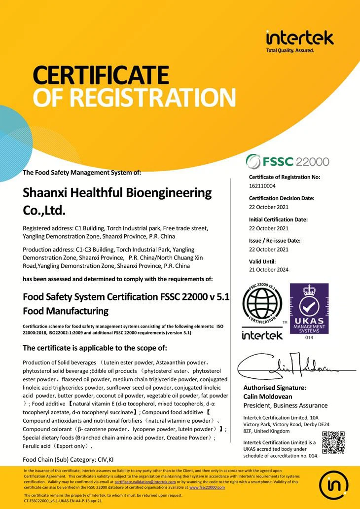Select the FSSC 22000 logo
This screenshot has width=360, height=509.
(x=288, y=161)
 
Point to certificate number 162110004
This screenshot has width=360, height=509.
(x=262, y=186)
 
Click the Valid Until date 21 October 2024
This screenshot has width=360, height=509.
(x=269, y=270)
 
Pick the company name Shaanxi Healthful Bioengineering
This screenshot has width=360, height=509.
(x=117, y=192)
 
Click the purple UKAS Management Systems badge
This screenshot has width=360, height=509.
(x=309, y=308)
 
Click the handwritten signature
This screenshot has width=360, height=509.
(x=291, y=367)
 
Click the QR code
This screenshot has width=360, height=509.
(x=333, y=442)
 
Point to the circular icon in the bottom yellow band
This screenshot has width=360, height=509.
(x=335, y=485)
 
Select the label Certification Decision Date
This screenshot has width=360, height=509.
(x=282, y=198)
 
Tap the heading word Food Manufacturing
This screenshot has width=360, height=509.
(x=66, y=311)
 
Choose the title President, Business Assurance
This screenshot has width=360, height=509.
(x=286, y=405)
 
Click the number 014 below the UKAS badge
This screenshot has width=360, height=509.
(x=309, y=338)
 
